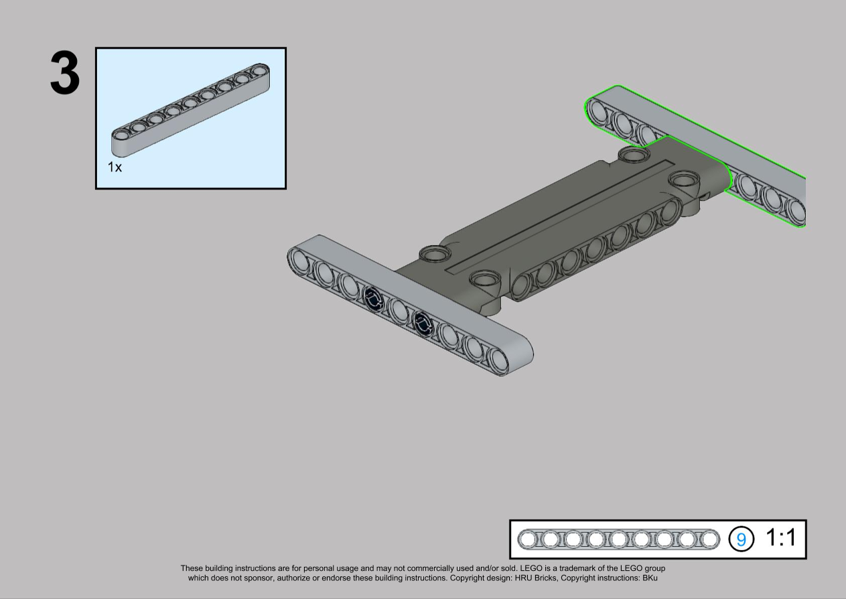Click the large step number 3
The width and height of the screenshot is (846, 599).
65,72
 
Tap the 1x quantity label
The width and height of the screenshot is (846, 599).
115,167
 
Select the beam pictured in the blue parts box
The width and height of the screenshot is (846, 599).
191,110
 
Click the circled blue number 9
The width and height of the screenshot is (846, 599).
741,539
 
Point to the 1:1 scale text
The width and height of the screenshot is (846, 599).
780,537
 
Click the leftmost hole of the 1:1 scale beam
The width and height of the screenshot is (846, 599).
528,539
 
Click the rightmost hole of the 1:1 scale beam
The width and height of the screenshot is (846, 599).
709,539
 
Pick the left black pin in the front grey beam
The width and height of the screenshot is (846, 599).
374,297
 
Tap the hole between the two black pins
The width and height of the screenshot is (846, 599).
398,310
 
